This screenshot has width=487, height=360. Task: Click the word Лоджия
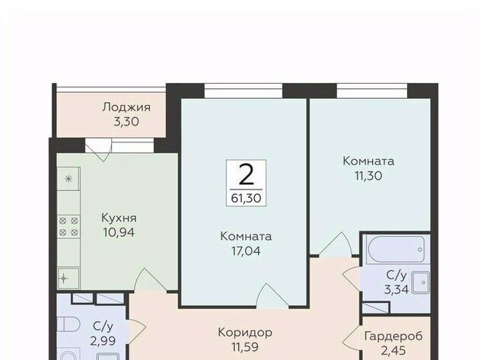coord(126,107)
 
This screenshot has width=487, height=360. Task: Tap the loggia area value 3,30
coord(126,122)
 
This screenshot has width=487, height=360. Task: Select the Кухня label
coord(119,218)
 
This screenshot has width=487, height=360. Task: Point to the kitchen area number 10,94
coord(119,232)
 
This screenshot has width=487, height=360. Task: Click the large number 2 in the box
coord(247,174)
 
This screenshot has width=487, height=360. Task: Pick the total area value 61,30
coord(247,198)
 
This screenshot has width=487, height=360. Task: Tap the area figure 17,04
coord(246,251)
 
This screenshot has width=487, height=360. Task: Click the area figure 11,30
coord(368,176)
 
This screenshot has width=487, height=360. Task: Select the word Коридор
coord(245,333)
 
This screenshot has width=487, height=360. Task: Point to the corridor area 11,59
coord(245,347)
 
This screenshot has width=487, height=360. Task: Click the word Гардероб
coord(393,336)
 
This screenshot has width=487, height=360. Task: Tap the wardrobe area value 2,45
coord(393,351)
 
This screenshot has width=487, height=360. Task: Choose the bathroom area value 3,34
coord(396,289)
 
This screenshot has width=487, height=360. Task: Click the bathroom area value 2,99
coord(103,341)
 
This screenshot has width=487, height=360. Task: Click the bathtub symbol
coord(396,249)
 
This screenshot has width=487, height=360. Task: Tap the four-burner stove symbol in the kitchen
coord(68,227)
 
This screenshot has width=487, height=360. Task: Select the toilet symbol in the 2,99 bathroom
coord(68,324)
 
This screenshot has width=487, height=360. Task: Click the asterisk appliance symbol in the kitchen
coord(68,179)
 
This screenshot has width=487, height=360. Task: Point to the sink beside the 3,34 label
coord(421,282)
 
